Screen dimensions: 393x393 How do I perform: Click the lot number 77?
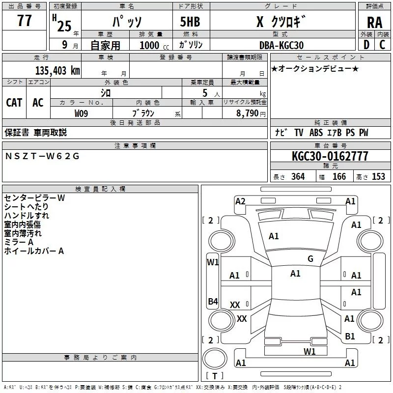(24, 21)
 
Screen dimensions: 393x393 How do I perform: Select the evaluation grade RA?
(374, 22)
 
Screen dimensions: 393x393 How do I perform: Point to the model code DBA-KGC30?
(281, 45)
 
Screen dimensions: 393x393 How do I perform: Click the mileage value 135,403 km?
(57, 70)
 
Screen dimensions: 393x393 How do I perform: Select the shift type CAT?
(14, 102)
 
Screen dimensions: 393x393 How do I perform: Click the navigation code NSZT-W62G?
(42, 156)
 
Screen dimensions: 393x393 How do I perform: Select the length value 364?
(298, 177)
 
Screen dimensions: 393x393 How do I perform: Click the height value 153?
(378, 177)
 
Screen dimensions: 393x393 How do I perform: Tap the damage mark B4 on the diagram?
(212, 301)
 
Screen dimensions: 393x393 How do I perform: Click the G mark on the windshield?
(310, 259)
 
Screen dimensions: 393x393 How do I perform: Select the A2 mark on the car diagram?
(240, 201)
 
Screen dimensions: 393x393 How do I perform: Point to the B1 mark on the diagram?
(350, 336)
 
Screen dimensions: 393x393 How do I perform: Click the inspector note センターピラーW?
(34, 198)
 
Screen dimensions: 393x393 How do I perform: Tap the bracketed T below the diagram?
(214, 376)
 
